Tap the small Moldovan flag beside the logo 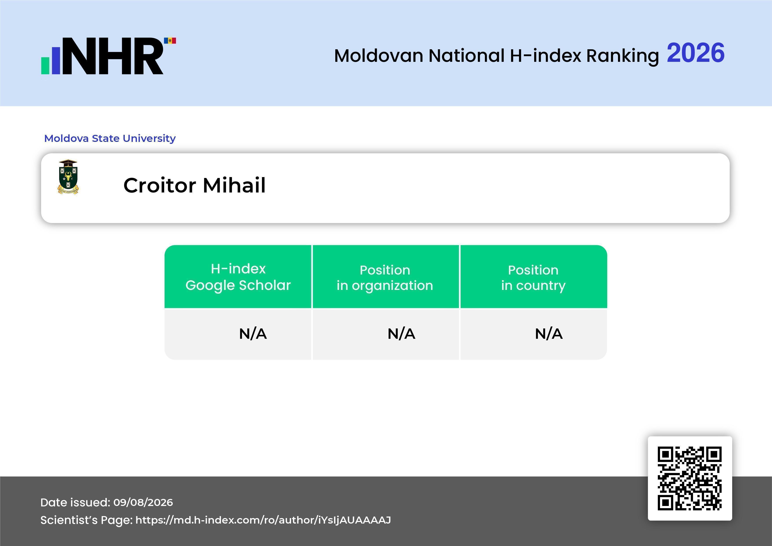[170, 41]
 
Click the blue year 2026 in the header [695, 53]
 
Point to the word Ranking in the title [622, 56]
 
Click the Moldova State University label [110, 138]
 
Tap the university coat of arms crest [68, 177]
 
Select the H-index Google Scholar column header [238, 277]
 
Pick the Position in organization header [385, 278]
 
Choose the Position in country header [533, 278]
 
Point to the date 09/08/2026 [143, 502]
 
